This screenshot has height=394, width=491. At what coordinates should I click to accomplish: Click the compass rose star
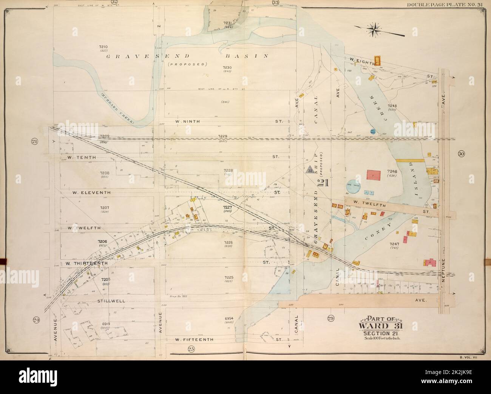click(x=375, y=30)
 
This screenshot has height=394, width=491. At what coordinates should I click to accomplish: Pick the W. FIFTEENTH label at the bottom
click(x=195, y=339)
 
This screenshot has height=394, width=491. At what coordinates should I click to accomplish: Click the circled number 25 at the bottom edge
click(x=191, y=349)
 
